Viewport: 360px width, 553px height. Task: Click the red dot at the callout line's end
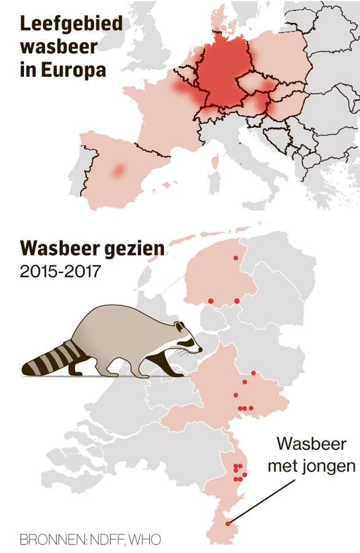click(x=228, y=524)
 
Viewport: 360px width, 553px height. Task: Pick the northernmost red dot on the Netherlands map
click(x=236, y=259)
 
